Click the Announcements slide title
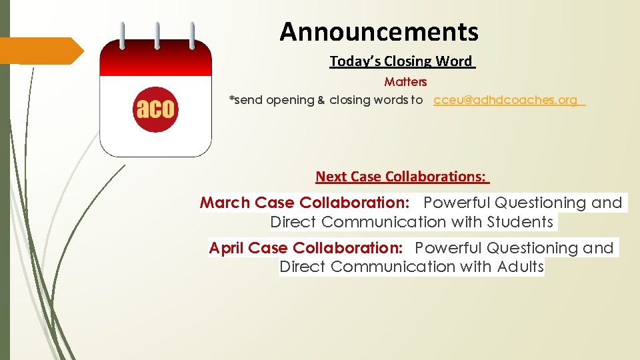click(379, 31)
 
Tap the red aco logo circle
click(155, 107)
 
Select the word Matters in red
click(405, 82)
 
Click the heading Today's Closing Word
click(401, 61)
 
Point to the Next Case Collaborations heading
click(401, 177)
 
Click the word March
click(225, 203)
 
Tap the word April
click(226, 248)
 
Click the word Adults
click(520, 267)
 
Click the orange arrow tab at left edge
click(40, 51)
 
